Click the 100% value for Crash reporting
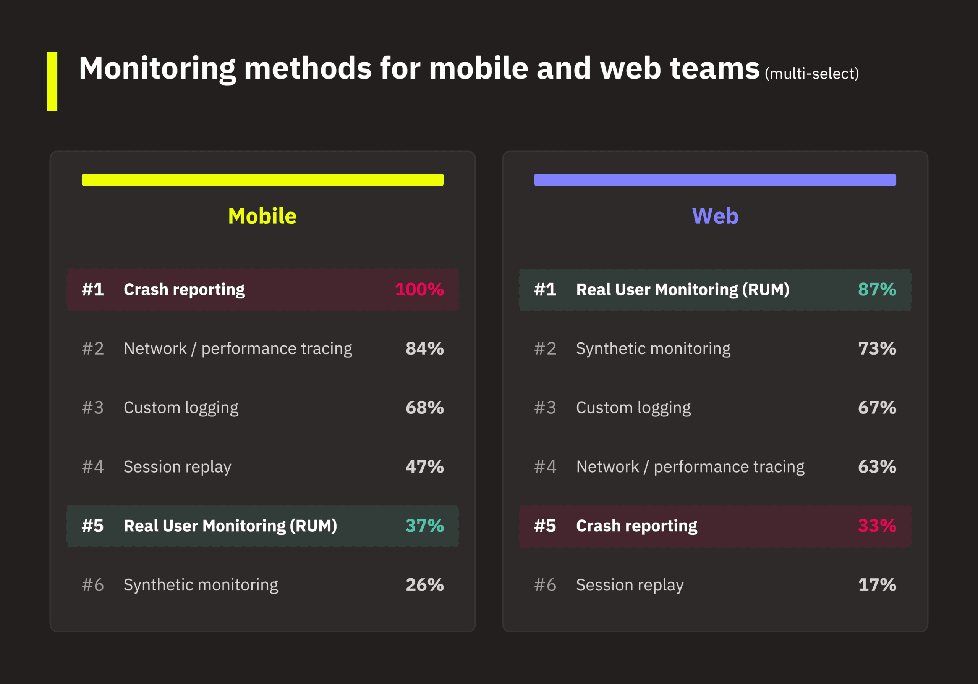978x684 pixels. (x=419, y=289)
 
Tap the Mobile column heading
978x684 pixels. (x=262, y=216)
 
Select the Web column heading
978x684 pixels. (x=715, y=216)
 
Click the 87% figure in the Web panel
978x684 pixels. (x=877, y=289)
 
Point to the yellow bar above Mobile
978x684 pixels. (x=262, y=180)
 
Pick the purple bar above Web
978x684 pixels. (x=715, y=180)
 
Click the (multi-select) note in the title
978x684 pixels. (x=811, y=74)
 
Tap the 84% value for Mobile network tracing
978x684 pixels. (x=424, y=348)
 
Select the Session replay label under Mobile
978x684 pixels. (x=177, y=467)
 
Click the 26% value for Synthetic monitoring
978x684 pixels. (x=424, y=585)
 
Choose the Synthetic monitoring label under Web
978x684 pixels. (x=653, y=348)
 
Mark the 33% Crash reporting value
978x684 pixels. (x=877, y=526)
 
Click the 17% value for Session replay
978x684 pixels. (x=877, y=585)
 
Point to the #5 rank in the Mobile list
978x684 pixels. (x=93, y=526)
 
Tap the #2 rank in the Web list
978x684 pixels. (x=545, y=348)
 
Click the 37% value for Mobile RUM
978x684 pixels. (x=424, y=526)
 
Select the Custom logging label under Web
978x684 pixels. (x=633, y=408)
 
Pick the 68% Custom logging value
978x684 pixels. (x=424, y=408)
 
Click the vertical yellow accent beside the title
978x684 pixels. (x=52, y=81)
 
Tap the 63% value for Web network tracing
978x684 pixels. (x=877, y=467)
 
